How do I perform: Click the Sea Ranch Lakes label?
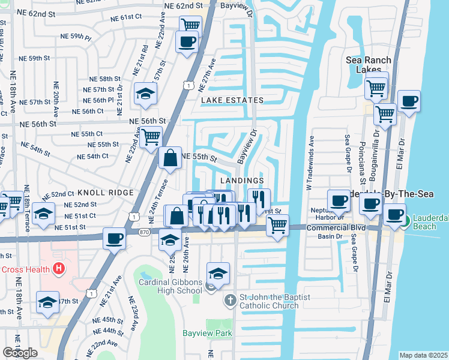pyautogui.click(x=369, y=65)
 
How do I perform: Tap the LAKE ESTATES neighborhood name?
pyautogui.click(x=232, y=100)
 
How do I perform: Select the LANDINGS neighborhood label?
pyautogui.click(x=242, y=181)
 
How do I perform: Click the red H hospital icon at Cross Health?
pyautogui.click(x=59, y=269)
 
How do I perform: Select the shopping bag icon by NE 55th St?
pyautogui.click(x=170, y=158)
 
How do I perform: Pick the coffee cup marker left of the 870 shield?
pyautogui.click(x=114, y=238)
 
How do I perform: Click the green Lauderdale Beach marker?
pyautogui.click(x=405, y=221)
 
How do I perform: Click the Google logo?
pyautogui.click(x=20, y=353)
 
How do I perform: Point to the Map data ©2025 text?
pyautogui.click(x=423, y=355)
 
